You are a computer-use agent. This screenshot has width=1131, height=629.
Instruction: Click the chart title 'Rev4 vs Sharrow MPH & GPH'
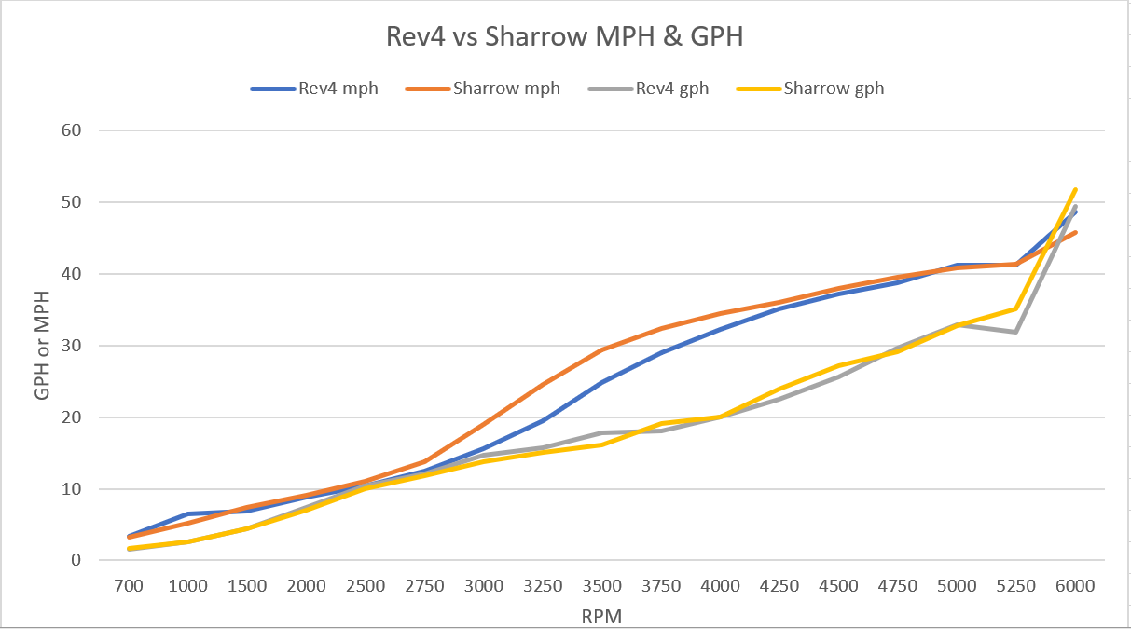[x=564, y=37]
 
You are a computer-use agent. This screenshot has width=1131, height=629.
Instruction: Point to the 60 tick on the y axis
[x=74, y=130]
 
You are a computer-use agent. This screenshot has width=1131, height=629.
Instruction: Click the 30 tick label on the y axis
[x=74, y=346]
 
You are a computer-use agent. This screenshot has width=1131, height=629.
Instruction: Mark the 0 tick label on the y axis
[x=78, y=561]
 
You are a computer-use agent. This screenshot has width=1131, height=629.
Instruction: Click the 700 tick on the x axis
[x=129, y=586]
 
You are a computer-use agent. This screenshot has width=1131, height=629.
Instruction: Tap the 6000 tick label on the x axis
[x=1075, y=586]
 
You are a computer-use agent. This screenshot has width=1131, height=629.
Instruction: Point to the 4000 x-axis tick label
[x=720, y=586]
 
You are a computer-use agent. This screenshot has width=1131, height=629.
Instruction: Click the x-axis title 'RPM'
[x=601, y=615]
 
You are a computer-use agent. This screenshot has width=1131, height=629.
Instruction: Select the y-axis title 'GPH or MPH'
[x=42, y=345]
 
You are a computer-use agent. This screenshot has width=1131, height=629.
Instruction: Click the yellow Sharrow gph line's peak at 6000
[x=1075, y=189]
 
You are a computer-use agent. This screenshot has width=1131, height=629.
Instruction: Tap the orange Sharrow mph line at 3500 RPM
[x=602, y=349]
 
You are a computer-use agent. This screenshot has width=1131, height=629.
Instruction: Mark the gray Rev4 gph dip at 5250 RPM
[x=1016, y=332]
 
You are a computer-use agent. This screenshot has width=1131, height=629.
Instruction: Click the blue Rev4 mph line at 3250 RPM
[x=544, y=420]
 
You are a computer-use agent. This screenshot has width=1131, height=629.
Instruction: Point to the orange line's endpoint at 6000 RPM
[x=1075, y=232]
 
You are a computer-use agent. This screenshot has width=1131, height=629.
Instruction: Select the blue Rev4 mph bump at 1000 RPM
[x=188, y=514]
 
